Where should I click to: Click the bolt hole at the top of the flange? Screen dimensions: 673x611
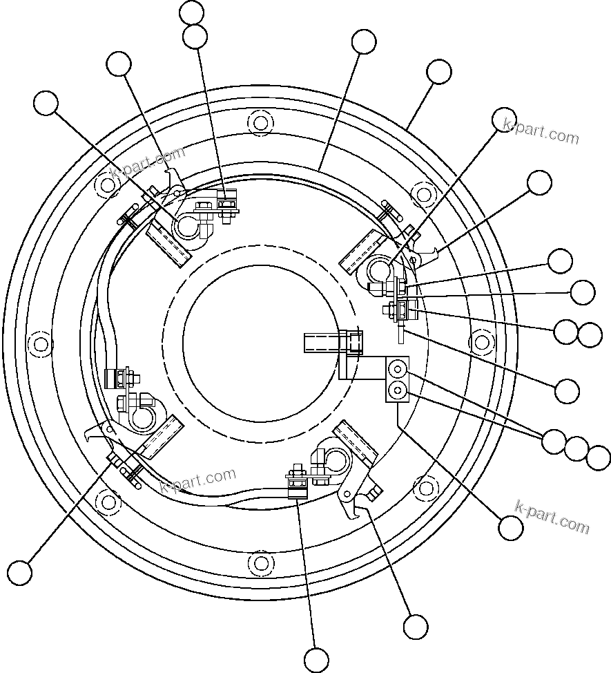(x=260, y=123)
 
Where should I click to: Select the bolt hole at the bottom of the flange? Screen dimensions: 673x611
(x=260, y=562)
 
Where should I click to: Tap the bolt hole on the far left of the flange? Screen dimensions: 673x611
(x=41, y=343)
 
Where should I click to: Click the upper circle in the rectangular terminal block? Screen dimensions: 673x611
(x=397, y=367)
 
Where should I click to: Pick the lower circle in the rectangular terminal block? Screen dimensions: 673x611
(x=397, y=391)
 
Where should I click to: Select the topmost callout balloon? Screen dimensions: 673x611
(x=191, y=12)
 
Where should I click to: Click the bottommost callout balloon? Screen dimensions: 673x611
(x=316, y=660)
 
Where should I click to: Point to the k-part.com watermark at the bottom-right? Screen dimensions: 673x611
(x=553, y=517)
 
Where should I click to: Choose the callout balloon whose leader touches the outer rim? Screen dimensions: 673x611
(x=439, y=71)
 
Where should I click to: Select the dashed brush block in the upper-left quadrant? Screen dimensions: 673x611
(x=168, y=245)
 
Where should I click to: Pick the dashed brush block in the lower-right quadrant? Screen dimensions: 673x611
(x=355, y=445)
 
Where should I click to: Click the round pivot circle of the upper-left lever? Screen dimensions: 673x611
(x=188, y=226)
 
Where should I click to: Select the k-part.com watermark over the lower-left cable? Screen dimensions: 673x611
(x=198, y=480)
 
